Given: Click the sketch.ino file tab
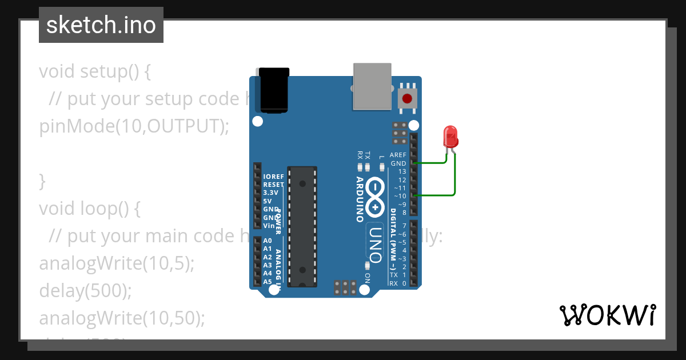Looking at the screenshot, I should point(101,25).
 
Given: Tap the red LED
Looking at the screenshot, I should point(451,137).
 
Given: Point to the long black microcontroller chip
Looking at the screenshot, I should point(302,226).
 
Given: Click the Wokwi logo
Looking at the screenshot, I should point(608,315).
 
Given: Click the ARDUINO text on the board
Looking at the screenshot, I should point(360,199).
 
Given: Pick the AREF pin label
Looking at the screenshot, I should point(398,155).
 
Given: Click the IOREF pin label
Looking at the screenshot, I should point(273,177).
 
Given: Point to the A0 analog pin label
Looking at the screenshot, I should point(268,241).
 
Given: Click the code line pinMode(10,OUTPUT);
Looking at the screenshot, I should point(134,126).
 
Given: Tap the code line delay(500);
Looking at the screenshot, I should point(85,291).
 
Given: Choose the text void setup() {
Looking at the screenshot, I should point(95,71).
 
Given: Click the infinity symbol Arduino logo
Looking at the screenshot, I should point(375,197).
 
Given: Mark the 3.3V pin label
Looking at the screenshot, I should point(270,193).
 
